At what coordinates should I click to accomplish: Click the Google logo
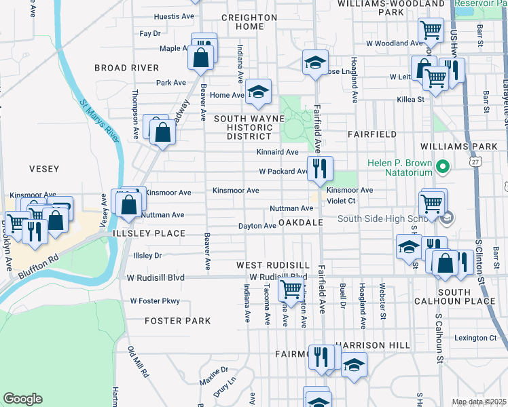coord(22,399)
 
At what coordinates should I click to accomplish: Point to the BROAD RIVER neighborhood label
coord(126,68)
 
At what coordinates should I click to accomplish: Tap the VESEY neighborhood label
coord(44,169)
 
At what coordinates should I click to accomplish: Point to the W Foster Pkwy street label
coord(156,301)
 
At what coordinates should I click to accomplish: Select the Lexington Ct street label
coord(475,338)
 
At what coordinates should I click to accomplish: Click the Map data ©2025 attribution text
coord(479,402)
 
